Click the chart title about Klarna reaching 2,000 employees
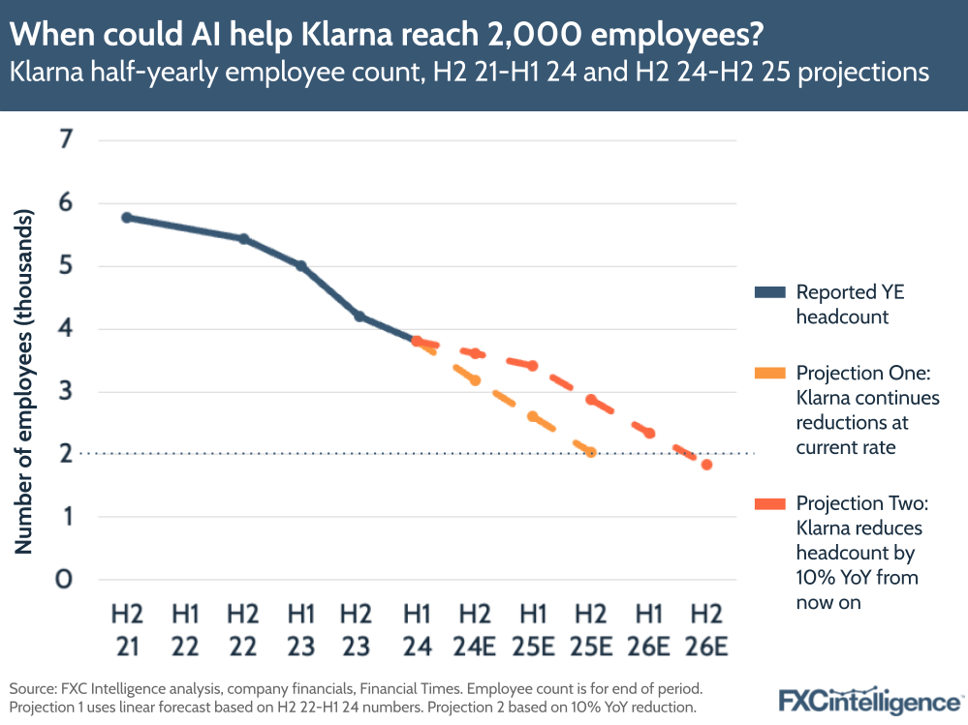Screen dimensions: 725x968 click(386, 35)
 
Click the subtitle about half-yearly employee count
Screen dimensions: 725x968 click(470, 73)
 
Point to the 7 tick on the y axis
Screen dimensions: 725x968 click(66, 140)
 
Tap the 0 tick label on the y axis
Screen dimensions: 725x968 click(66, 580)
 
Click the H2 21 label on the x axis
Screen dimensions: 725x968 click(126, 628)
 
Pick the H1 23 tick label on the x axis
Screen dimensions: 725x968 click(300, 628)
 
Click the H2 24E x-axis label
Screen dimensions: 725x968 click(475, 628)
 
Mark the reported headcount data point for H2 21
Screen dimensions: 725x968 click(127, 218)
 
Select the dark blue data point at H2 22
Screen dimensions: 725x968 click(243, 239)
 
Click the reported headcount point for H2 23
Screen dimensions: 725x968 click(359, 317)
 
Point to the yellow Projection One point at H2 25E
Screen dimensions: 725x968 click(590, 452)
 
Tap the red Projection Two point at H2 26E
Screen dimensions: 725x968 click(706, 465)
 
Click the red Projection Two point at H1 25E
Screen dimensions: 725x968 click(532, 365)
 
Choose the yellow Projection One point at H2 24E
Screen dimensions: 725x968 click(475, 380)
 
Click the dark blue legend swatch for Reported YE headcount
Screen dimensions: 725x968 click(769, 292)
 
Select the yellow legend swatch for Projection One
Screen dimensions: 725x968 click(769, 374)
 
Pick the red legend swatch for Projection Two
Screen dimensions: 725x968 click(769, 503)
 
